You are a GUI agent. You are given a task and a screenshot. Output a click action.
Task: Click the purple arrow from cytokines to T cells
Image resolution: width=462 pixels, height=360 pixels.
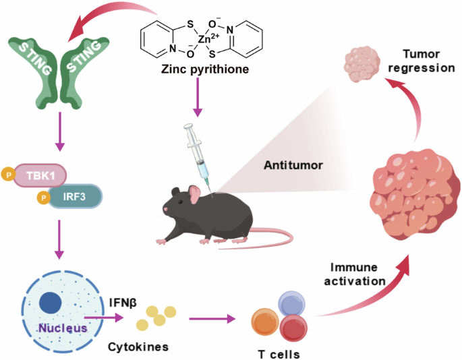pos(209,317)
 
